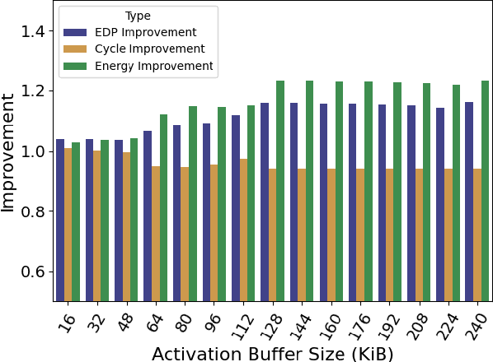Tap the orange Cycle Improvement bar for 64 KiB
click(156, 234)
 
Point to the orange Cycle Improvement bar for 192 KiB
click(390, 234)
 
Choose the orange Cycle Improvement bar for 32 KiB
click(97, 225)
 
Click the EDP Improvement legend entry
click(145, 33)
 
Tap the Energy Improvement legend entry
click(153, 66)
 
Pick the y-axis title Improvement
click(10, 151)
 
